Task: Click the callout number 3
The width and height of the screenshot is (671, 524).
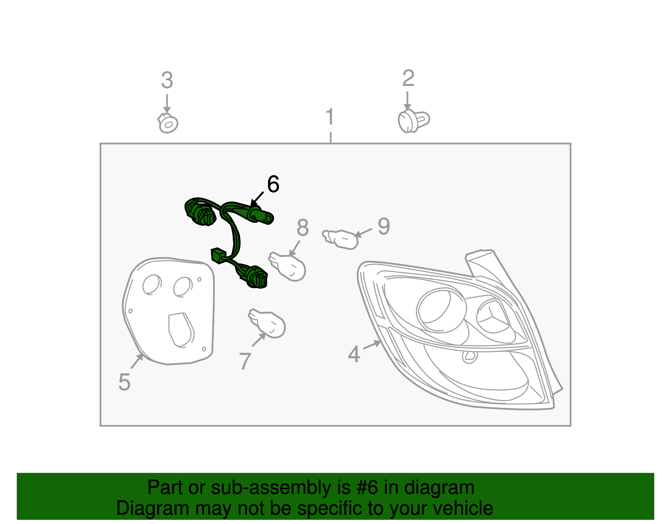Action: pyautogui.click(x=167, y=81)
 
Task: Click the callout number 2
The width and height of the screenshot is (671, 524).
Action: pyautogui.click(x=408, y=79)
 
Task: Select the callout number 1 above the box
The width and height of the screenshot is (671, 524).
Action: pyautogui.click(x=330, y=117)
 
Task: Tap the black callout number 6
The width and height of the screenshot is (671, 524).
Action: pyautogui.click(x=273, y=184)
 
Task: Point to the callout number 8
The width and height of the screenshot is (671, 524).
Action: pyautogui.click(x=302, y=228)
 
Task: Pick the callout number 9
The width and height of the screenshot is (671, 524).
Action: pyautogui.click(x=384, y=227)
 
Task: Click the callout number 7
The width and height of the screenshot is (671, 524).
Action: pyautogui.click(x=245, y=361)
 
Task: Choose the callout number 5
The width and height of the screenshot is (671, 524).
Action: pyautogui.click(x=124, y=382)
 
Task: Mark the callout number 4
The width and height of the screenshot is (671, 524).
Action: pyautogui.click(x=354, y=355)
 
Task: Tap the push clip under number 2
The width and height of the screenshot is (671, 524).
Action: pyautogui.click(x=413, y=121)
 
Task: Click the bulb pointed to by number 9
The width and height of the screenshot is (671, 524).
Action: pyautogui.click(x=342, y=239)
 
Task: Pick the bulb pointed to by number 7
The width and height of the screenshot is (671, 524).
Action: pyautogui.click(x=268, y=323)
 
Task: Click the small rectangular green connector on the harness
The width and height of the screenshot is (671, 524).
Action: pyautogui.click(x=218, y=255)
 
